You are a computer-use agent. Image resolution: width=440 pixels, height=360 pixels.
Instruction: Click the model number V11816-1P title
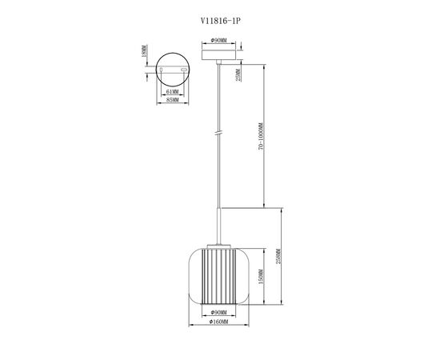coord(221,21)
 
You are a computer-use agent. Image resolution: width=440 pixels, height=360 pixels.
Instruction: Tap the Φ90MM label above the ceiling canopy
coord(218,41)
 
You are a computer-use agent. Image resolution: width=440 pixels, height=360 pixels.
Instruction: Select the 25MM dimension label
coord(238,75)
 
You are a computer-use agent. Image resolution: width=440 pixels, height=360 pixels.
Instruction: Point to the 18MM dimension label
coord(144,50)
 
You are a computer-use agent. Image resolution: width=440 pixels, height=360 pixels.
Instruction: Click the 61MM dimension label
coord(172,92)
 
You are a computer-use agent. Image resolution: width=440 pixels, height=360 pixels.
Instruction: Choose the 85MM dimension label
coord(172,100)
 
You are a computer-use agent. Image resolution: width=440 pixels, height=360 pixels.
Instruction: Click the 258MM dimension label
coord(278,256)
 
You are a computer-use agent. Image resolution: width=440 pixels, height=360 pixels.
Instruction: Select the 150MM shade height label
coord(261,277)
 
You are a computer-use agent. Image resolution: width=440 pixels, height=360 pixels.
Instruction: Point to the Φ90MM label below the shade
coord(218,313)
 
